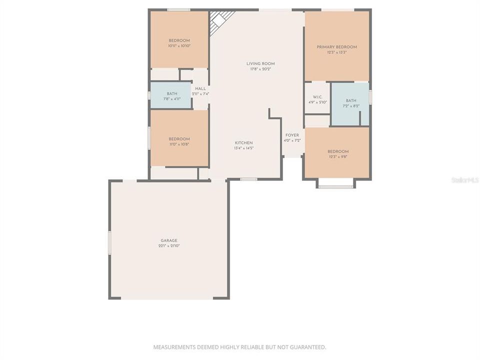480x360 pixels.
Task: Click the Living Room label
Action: pyautogui.click(x=260, y=63)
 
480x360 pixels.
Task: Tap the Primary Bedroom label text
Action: pyautogui.click(x=336, y=47)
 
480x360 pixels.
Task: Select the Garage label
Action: pyautogui.click(x=169, y=240)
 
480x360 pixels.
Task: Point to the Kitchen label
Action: pyautogui.click(x=243, y=143)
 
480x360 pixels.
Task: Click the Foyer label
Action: pyautogui.click(x=292, y=135)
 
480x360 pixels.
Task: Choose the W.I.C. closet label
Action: pyautogui.click(x=317, y=96)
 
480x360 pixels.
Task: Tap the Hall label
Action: pyautogui.click(x=200, y=88)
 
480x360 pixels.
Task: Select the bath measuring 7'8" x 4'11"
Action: pyautogui.click(x=171, y=95)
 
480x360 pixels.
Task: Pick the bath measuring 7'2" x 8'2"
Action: pyautogui.click(x=350, y=103)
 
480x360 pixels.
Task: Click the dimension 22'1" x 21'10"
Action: pyautogui.click(x=169, y=246)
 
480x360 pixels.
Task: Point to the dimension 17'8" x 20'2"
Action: pyautogui.click(x=260, y=69)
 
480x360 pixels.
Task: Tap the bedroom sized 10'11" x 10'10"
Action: pyautogui.click(x=179, y=43)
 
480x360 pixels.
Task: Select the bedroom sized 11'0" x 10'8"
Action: pyautogui.click(x=179, y=141)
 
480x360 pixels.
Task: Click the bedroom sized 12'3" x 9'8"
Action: pyautogui.click(x=338, y=153)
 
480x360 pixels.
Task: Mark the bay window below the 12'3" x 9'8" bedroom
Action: pyautogui.click(x=335, y=186)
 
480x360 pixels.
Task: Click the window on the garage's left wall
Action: pyautogui.click(x=109, y=243)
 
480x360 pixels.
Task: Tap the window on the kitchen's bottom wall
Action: pyautogui.click(x=248, y=178)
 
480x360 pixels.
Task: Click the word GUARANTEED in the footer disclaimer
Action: pyautogui.click(x=307, y=347)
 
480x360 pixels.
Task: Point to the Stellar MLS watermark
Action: pyautogui.click(x=464, y=179)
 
